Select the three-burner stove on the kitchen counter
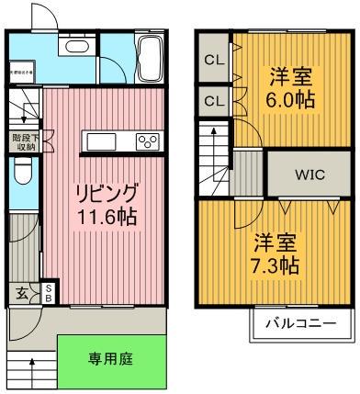(147, 141)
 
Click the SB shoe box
(49, 293)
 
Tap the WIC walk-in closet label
(308, 171)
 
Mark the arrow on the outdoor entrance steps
(34, 366)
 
